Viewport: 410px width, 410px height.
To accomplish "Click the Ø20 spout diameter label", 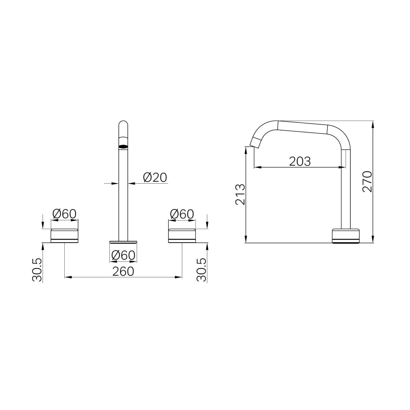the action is coord(155,177).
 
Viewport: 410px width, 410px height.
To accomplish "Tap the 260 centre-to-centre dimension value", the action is coord(123,271).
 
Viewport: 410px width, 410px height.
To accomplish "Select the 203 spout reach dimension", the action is coord(300,161).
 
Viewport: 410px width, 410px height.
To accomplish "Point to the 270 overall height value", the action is coord(367,182).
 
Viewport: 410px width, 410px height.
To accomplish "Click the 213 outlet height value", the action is coord(240,194).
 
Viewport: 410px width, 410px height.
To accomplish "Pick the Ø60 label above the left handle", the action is coord(65,214).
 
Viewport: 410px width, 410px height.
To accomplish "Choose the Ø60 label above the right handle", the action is coord(182,214).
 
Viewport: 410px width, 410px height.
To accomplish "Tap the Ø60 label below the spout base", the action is coord(123,255).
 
